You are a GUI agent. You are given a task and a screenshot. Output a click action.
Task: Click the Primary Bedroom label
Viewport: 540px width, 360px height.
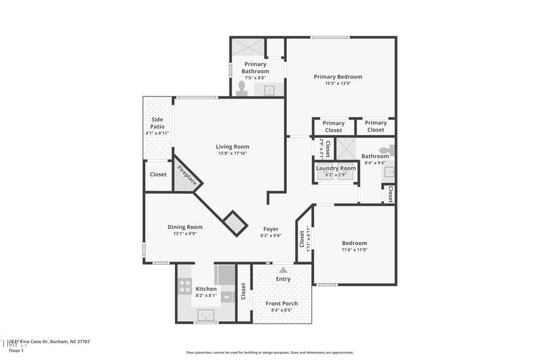(337, 77)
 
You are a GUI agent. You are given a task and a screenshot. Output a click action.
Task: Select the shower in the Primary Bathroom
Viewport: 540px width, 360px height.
(247, 47)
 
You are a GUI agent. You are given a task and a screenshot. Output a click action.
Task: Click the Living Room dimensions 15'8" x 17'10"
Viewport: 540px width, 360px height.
(232, 154)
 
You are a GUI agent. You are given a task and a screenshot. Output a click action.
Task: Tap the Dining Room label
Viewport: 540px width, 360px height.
(185, 227)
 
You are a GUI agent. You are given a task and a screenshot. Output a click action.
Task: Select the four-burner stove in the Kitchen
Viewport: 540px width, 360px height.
(184, 286)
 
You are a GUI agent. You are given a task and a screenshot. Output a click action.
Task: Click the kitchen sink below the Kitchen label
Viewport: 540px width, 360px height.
(207, 315)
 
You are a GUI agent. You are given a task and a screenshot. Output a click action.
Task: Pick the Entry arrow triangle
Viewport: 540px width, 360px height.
(283, 269)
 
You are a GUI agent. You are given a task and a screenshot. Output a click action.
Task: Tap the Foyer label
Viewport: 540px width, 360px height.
(271, 229)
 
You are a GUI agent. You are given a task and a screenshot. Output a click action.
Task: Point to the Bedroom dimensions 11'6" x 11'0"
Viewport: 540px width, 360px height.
(354, 250)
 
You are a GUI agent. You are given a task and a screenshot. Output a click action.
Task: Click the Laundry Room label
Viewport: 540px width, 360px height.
(335, 168)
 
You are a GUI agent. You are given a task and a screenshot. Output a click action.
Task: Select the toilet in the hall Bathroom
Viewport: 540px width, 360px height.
(385, 150)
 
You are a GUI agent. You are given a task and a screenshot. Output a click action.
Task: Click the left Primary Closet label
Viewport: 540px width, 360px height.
(333, 126)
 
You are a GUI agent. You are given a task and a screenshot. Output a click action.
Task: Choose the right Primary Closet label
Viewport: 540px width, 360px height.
(375, 126)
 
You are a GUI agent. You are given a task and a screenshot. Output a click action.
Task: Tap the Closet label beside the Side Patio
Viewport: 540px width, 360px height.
(158, 174)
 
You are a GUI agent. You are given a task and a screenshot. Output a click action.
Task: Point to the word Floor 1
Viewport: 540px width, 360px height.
(16, 351)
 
